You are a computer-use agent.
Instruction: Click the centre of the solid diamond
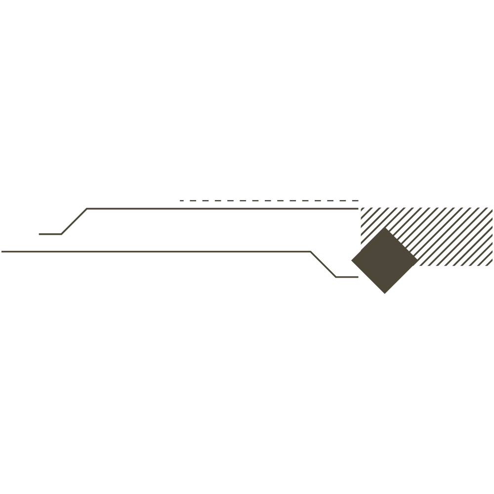384,260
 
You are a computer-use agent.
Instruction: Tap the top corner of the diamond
384,227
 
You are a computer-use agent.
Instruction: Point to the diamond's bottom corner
384,294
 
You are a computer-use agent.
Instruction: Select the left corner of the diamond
351,260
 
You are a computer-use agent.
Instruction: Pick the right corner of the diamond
418,260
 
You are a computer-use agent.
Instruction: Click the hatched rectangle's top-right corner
492,208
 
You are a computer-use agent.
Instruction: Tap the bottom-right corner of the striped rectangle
492,266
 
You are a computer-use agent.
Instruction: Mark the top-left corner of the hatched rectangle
361,208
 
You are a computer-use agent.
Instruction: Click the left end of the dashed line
180,201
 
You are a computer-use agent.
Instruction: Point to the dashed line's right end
359,201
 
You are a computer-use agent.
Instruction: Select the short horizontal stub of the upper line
50,234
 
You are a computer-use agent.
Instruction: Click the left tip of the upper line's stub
39,234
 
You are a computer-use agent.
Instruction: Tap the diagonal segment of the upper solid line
74,221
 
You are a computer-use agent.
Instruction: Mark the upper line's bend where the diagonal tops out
87,209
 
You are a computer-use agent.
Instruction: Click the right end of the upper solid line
358,209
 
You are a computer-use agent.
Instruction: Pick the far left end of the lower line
1,251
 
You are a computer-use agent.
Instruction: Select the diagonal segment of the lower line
323,264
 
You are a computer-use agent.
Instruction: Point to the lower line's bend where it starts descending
310,251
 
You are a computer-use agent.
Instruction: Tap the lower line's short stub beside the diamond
347,277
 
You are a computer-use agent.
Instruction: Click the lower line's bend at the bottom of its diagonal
336,277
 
